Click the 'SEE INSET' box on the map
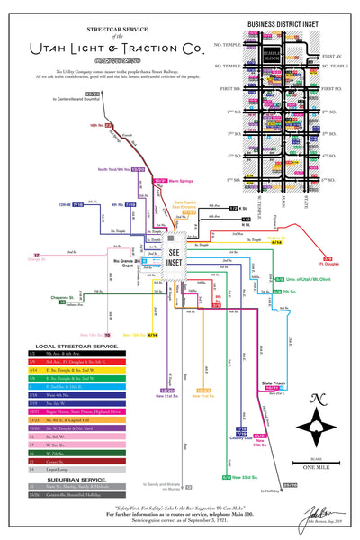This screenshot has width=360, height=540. pyautogui.click(x=175, y=253)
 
